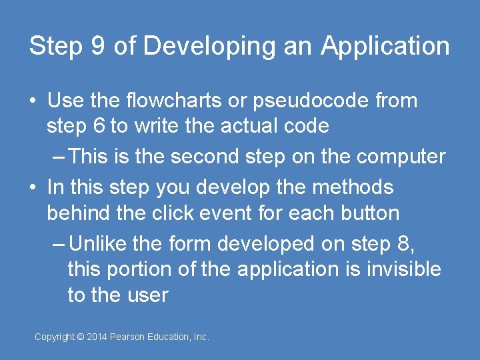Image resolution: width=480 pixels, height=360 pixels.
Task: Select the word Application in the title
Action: click(385, 47)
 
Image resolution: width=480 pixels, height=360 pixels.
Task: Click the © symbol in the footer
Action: click(81, 337)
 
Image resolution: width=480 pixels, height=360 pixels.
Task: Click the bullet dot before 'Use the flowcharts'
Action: click(33, 101)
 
